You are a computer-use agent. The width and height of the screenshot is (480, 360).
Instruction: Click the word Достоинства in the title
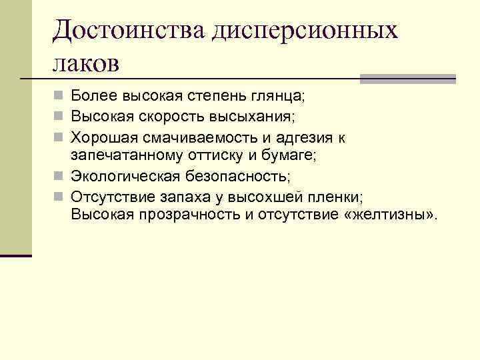(130, 30)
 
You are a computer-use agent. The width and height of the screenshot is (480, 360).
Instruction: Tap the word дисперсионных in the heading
(305, 30)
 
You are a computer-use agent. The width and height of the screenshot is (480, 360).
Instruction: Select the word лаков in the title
(87, 64)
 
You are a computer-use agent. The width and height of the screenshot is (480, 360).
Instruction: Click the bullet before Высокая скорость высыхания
(60, 118)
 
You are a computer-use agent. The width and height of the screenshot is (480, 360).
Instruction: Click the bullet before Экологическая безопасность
(60, 177)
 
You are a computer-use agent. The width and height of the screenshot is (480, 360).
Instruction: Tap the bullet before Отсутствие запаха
(60, 197)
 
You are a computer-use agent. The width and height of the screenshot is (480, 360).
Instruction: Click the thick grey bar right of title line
(408, 79)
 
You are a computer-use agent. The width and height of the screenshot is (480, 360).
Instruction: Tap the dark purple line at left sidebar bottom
(16, 255)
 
